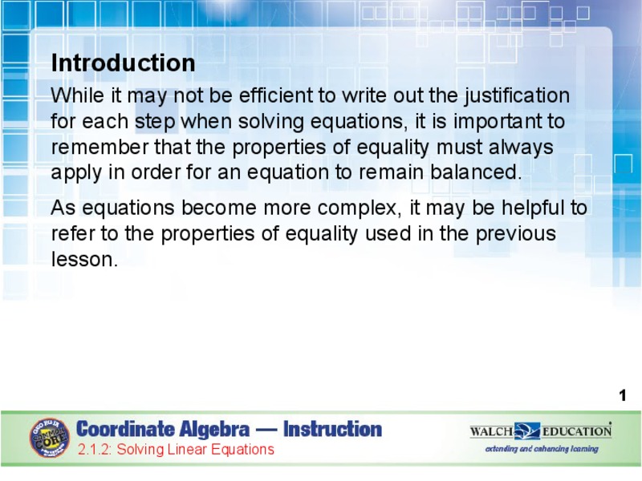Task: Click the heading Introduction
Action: click(123, 63)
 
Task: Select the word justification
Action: click(516, 96)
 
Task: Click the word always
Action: click(522, 148)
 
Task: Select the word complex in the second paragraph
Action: click(359, 208)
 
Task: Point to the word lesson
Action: click(83, 260)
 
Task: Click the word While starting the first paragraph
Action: click(77, 96)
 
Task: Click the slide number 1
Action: click(622, 395)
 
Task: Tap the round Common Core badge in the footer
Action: click(50, 437)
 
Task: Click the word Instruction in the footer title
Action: click(332, 430)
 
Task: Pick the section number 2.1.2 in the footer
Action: click(95, 450)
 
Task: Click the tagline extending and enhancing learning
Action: click(542, 449)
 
